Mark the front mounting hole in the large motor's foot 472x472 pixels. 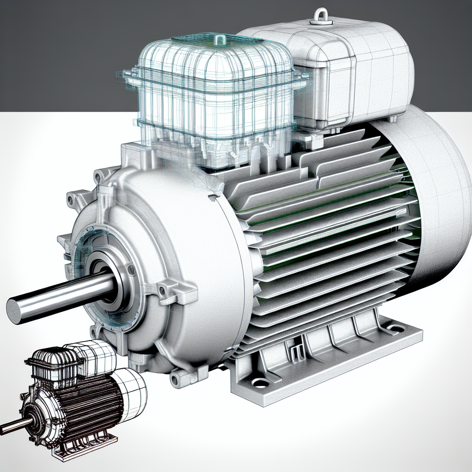click(x=260, y=383)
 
